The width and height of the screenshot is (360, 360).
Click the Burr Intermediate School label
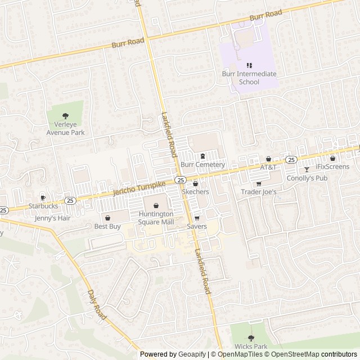click(249, 78)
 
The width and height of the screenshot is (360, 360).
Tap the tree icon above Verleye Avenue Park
click(65, 114)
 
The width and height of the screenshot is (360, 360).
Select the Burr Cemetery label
click(202, 165)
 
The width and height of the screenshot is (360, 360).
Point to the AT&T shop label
click(268, 168)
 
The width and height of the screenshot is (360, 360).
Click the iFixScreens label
click(332, 167)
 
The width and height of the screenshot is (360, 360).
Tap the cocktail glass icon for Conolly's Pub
click(307, 169)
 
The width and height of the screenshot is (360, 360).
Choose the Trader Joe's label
click(259, 192)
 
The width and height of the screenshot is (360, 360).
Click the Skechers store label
click(195, 192)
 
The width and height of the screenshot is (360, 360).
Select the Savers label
click(197, 227)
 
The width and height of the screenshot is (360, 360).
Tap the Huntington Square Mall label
click(156, 218)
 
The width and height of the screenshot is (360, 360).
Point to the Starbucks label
click(44, 206)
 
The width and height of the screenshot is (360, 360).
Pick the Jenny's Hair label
click(53, 218)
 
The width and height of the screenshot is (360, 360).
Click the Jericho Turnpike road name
click(139, 187)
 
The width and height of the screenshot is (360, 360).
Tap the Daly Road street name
click(97, 305)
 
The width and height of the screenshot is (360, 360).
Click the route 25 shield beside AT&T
click(291, 160)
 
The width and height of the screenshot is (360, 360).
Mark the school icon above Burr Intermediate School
click(249, 66)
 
